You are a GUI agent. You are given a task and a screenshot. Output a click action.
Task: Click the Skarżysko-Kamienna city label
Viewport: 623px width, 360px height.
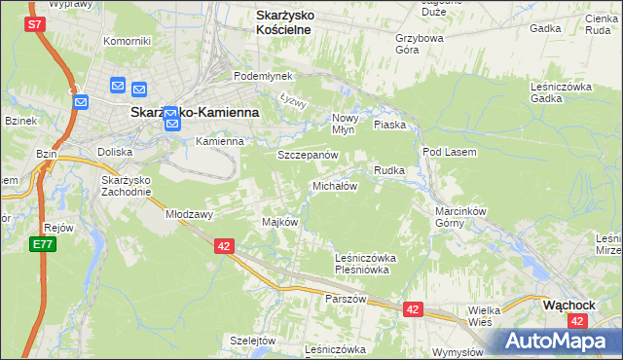coord(195,113)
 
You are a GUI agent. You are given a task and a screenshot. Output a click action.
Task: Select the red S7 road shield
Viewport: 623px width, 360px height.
coord(36,23)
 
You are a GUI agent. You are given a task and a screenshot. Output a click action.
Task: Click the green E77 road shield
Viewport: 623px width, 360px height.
coord(42,244)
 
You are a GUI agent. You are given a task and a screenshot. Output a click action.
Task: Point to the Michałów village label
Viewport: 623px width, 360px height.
coord(335,186)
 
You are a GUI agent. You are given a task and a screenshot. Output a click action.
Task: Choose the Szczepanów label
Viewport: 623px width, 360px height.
coord(308,156)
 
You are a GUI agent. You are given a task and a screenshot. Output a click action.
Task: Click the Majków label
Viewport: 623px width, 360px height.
coord(279,222)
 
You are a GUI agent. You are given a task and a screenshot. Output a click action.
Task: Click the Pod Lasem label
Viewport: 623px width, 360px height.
coord(447,152)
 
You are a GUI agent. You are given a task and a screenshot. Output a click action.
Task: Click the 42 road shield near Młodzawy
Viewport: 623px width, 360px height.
coord(224,247)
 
